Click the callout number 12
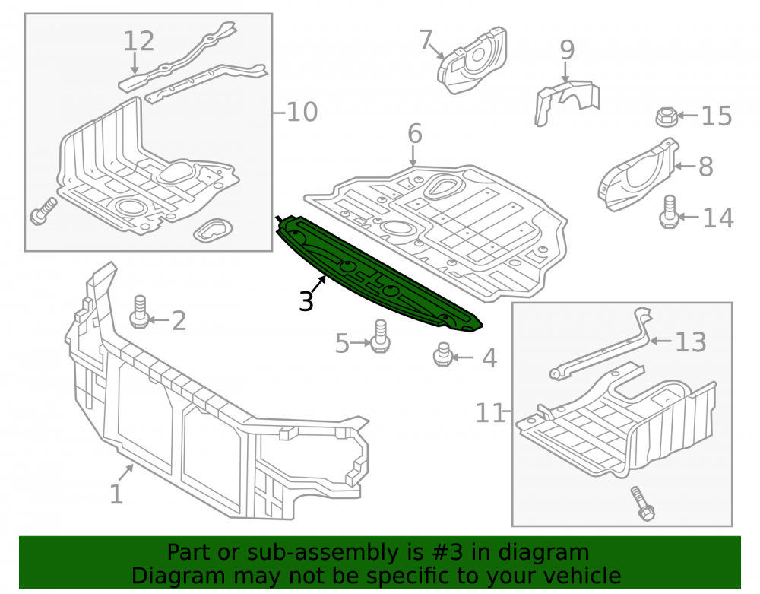[138, 41]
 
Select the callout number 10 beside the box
[302, 112]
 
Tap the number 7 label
[425, 40]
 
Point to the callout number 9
[567, 50]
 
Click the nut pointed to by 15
[666, 116]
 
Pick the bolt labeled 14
[669, 211]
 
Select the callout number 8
[706, 167]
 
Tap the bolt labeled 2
[139, 312]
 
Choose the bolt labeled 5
[380, 336]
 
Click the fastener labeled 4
[442, 354]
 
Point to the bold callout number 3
[306, 300]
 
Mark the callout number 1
[116, 494]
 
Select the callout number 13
[690, 341]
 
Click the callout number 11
[489, 413]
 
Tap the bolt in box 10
[43, 211]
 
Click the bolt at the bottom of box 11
[642, 503]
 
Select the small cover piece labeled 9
[567, 101]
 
